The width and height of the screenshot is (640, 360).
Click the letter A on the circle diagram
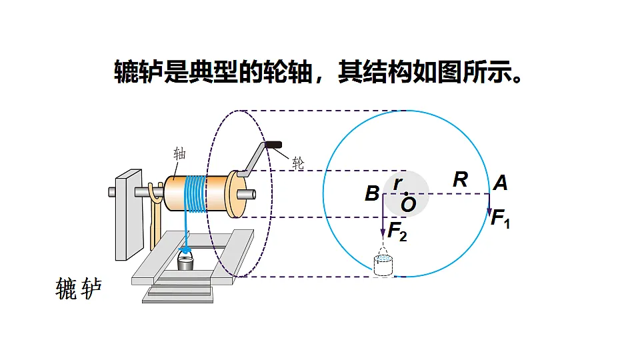click(x=501, y=183)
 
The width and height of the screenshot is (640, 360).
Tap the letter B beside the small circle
click(x=372, y=193)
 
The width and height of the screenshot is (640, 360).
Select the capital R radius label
click(x=461, y=179)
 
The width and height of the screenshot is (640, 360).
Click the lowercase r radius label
click(x=398, y=183)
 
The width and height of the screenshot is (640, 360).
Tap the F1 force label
click(x=501, y=219)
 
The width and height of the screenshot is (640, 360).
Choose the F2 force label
click(x=397, y=231)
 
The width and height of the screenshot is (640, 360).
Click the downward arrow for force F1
click(x=489, y=205)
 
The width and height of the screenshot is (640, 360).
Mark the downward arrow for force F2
click(x=383, y=215)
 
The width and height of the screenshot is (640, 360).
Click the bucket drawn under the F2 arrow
click(x=383, y=265)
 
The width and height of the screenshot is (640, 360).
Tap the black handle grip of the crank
click(x=273, y=145)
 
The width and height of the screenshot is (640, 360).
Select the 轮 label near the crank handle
click(x=299, y=164)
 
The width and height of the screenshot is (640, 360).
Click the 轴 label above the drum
click(x=179, y=154)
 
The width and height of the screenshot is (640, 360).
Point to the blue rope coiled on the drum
click(x=195, y=195)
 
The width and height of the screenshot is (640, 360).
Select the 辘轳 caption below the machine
click(x=79, y=289)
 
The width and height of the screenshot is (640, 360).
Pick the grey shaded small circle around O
click(x=407, y=194)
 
